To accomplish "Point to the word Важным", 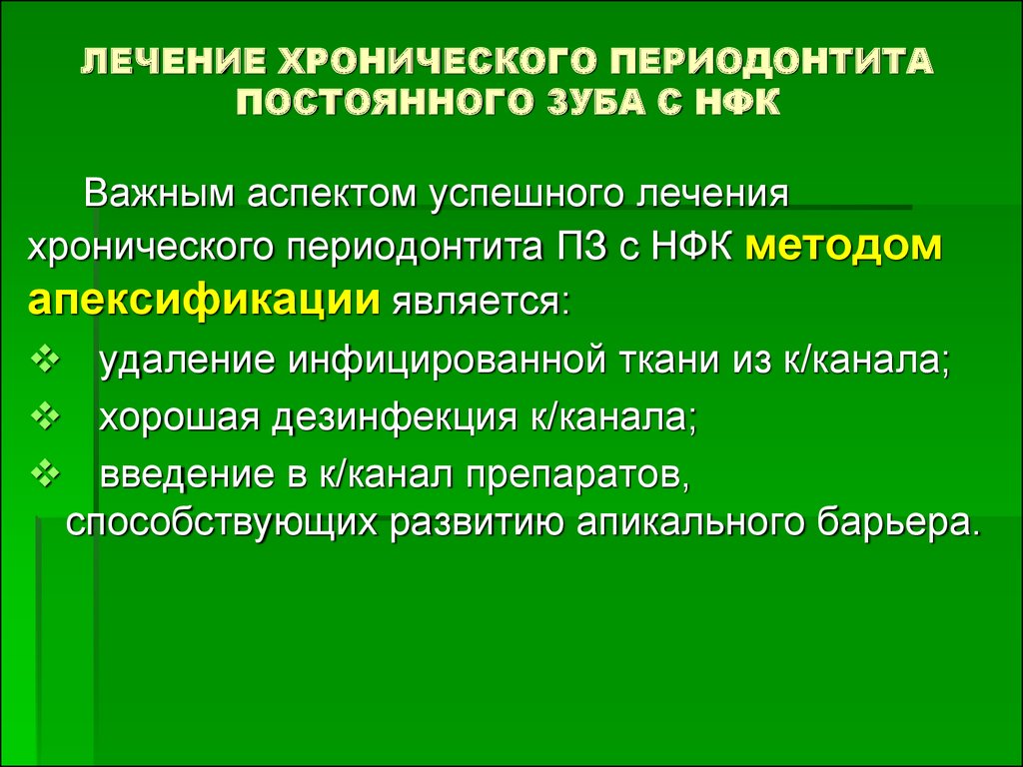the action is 159,195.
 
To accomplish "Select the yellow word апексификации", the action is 204,301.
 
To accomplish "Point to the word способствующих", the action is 222,522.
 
